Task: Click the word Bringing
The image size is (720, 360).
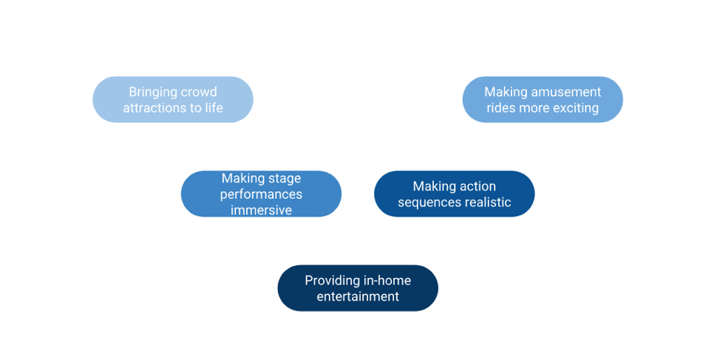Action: click(x=146, y=92)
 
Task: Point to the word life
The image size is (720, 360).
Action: click(x=214, y=107)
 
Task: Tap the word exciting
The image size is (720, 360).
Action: click(x=576, y=108)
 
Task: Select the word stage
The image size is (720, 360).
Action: click(x=285, y=179)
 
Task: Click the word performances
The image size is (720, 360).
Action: click(x=261, y=194)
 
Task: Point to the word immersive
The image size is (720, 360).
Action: click(x=261, y=210)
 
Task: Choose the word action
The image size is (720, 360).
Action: click(x=476, y=186)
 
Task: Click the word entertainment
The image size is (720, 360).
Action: click(x=359, y=296)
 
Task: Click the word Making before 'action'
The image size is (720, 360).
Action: click(x=432, y=187)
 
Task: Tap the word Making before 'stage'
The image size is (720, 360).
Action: click(x=243, y=179)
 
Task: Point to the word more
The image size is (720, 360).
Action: click(x=534, y=108)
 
